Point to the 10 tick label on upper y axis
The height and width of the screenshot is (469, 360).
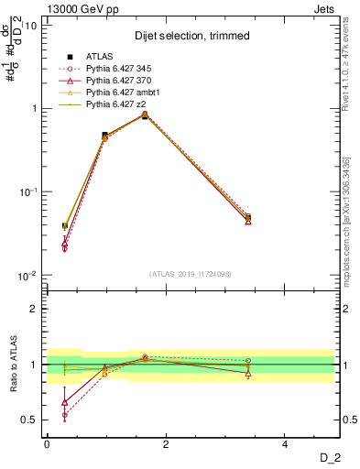coord(30,26)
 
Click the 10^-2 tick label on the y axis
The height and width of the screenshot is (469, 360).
coord(27,276)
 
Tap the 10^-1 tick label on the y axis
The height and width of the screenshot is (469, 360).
coord(27,192)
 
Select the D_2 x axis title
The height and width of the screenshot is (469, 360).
coord(329,457)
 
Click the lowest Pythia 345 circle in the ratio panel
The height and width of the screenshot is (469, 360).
coord(64,415)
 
